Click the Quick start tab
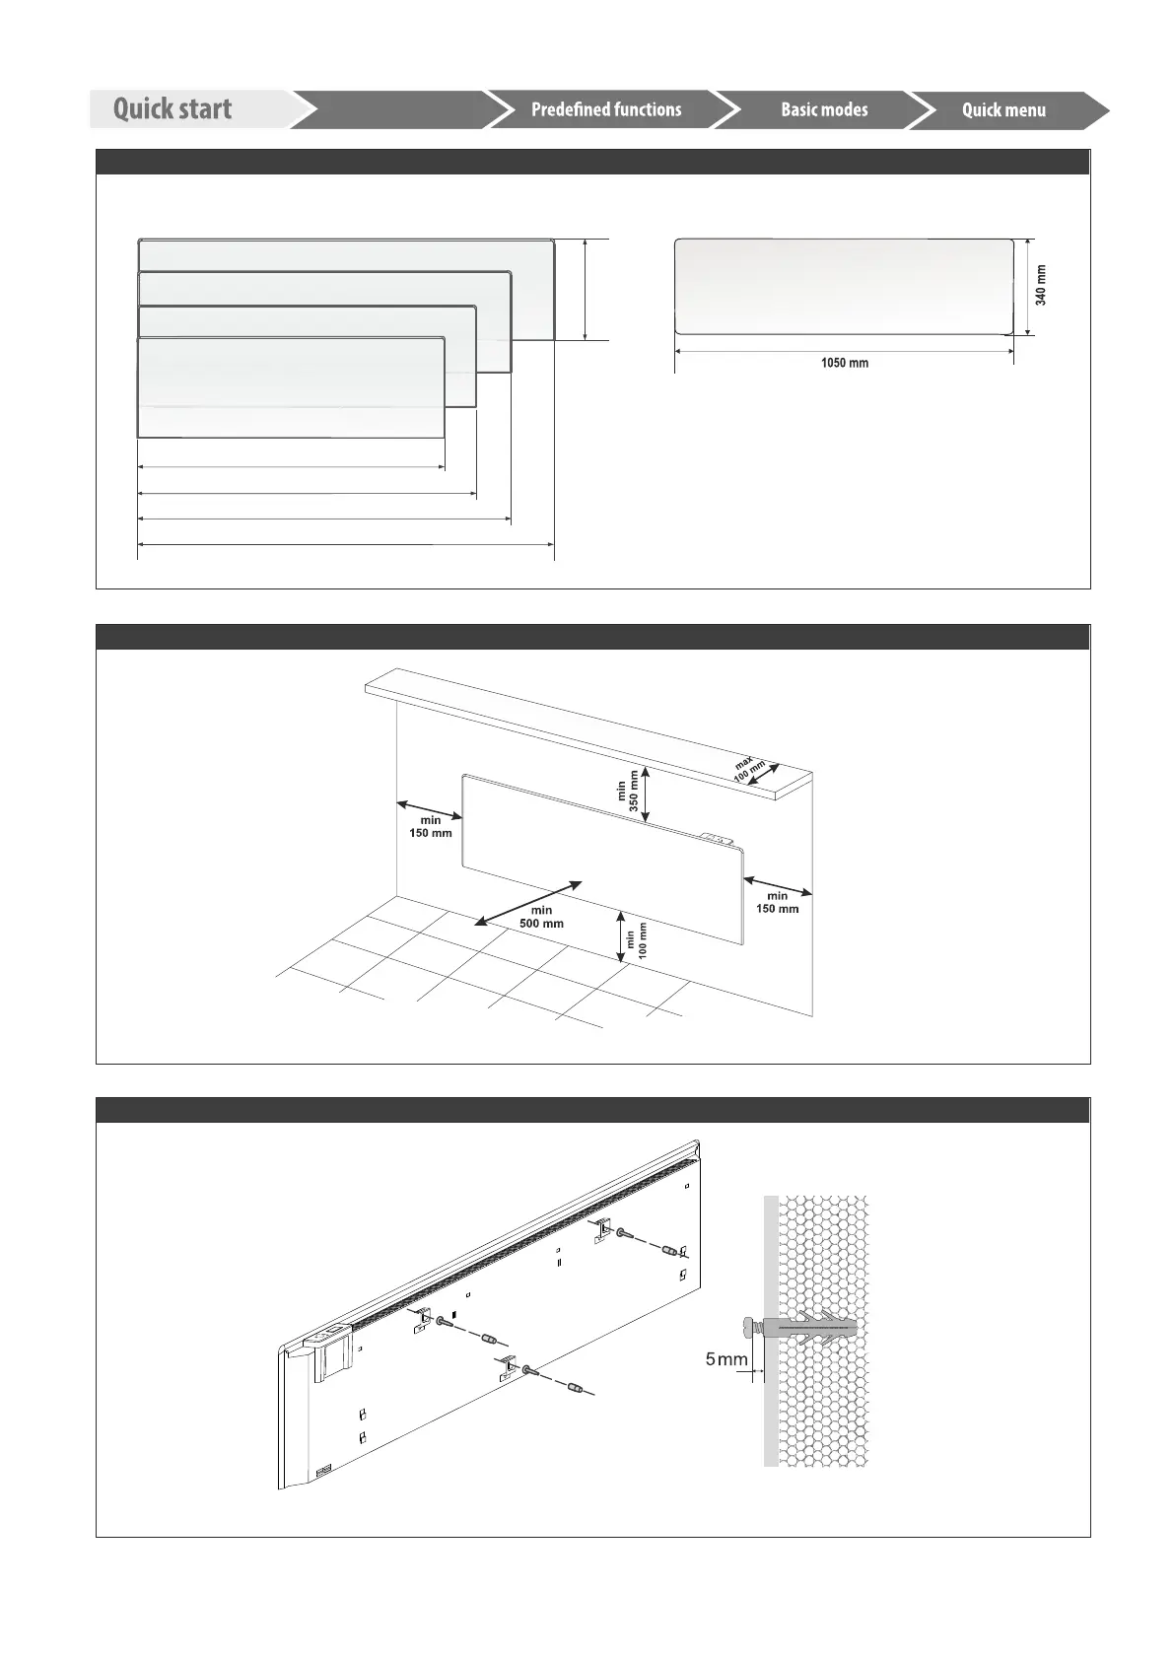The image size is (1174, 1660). (x=173, y=108)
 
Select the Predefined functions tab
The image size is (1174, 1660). (x=605, y=109)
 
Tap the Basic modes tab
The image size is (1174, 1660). (x=824, y=109)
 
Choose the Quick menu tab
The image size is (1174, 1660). (x=1003, y=110)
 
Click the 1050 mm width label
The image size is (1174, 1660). (x=845, y=363)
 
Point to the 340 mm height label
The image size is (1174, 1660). (x=1042, y=285)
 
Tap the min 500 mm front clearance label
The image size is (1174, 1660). (x=541, y=917)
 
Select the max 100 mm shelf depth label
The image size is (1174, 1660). (x=749, y=768)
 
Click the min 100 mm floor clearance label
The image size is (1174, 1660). (x=637, y=940)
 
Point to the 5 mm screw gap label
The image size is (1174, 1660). (x=726, y=1360)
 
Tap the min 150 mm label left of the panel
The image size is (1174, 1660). (x=431, y=826)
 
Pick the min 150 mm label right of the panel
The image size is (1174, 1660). (x=778, y=902)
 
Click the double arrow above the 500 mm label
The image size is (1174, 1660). (x=528, y=903)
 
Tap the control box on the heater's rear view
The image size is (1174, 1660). (x=331, y=1351)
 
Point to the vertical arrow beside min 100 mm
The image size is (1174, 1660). (x=621, y=935)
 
